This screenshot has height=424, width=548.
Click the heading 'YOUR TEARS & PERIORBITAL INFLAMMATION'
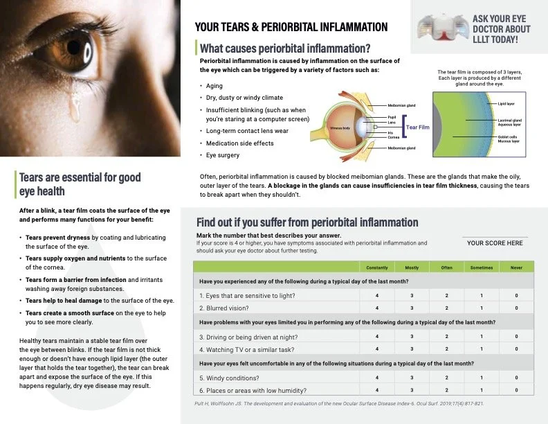click(291, 27)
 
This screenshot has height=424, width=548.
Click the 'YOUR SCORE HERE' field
click(495, 243)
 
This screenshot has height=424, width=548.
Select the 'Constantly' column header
click(376, 267)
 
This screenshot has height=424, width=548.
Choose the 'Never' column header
click(516, 267)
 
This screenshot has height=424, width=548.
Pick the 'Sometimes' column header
click(482, 267)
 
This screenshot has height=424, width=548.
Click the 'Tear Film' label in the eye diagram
click(417, 127)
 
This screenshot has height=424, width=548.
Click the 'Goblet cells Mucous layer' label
click(510, 139)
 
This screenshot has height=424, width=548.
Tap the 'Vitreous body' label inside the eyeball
click(340, 128)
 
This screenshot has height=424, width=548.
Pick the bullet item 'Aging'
click(214, 86)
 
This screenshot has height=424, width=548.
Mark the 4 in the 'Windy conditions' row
click(376, 378)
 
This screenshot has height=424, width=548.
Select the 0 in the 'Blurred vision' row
click(516, 308)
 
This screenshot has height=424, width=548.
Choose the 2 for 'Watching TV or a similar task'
click(447, 348)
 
